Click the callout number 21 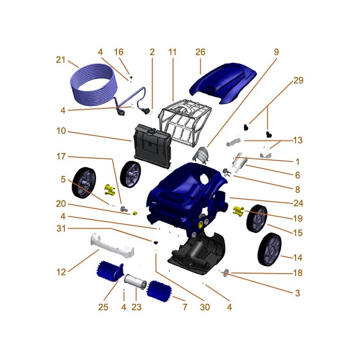(61, 60)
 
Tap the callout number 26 (200, 52)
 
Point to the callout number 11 (173, 52)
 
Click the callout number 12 (61, 272)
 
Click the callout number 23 (136, 308)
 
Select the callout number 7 (184, 308)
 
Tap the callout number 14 (298, 258)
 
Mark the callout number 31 (61, 229)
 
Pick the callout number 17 (61, 157)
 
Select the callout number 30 (205, 308)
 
